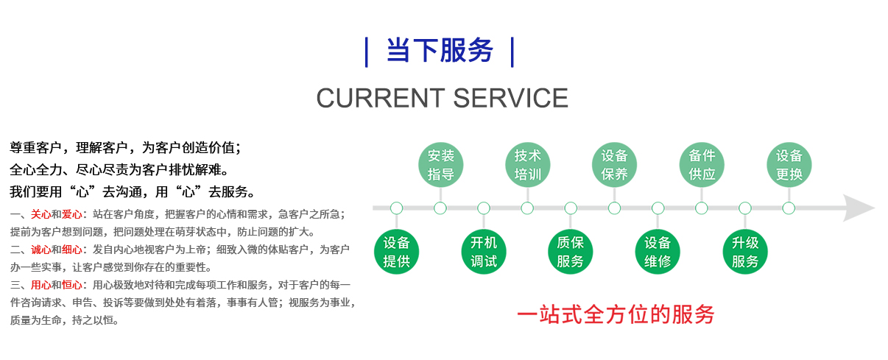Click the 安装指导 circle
440,165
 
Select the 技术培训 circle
527,165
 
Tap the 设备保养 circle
614,165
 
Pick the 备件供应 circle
702,165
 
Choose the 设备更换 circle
789,165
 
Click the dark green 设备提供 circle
397,252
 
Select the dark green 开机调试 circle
484,252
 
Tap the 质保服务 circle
571,252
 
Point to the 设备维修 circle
658,252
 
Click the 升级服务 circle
745,252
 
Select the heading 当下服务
440,52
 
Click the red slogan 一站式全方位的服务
615,314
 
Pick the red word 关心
40,214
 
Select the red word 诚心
40,250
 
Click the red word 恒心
72,285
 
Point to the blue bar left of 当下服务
367,52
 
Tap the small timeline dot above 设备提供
397,208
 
